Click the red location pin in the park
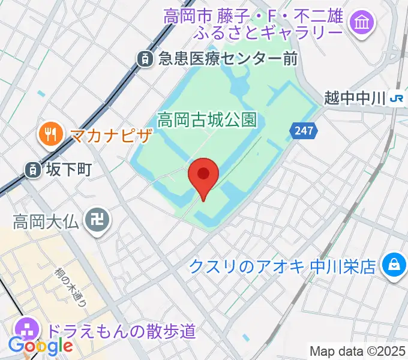coord(203,175)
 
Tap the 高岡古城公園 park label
coord(206,120)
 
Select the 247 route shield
coord(304,131)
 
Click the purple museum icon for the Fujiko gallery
coord(362,23)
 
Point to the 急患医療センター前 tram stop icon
coord(145,58)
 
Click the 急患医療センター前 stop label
coord(228,58)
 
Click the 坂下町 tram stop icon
coord(32,170)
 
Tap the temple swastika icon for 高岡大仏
coord(97,221)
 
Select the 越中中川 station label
coord(353,97)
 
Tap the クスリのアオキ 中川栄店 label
coord(283,265)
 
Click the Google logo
coord(40,346)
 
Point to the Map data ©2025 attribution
coord(358,351)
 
